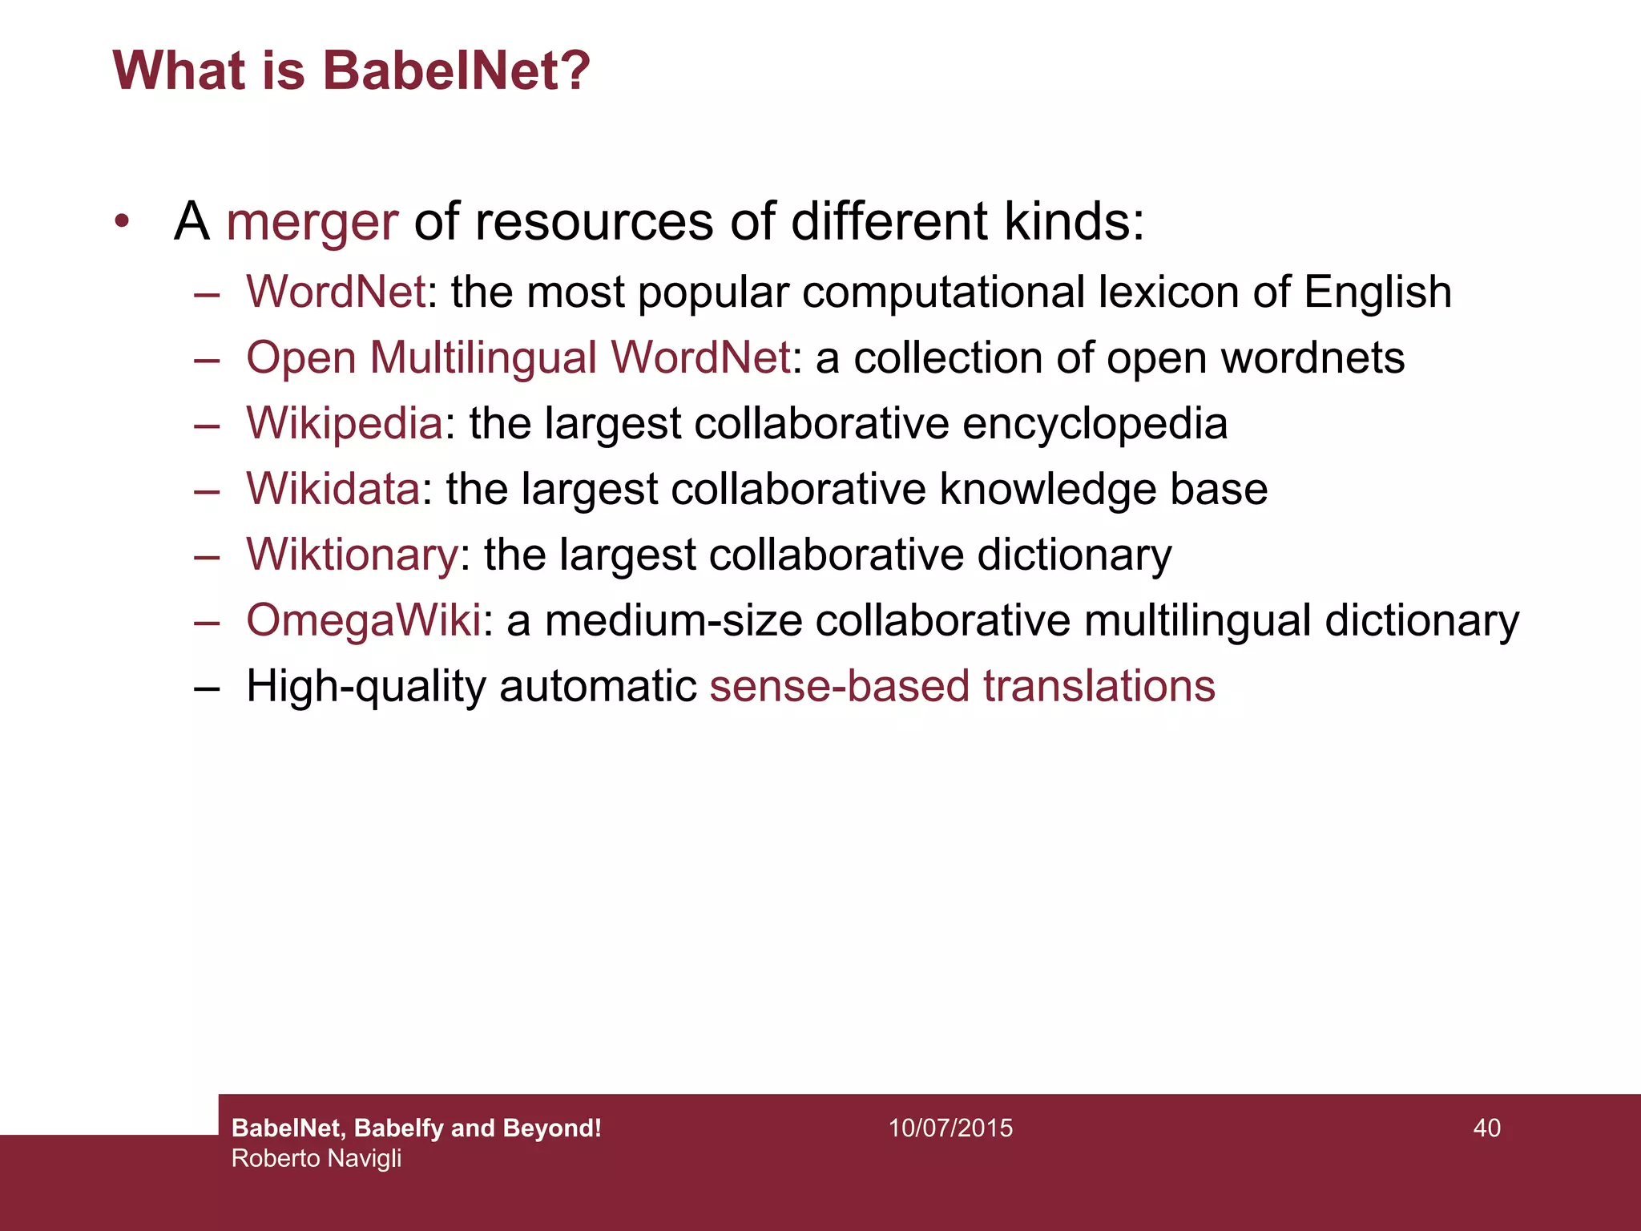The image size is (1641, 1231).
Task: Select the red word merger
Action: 312,222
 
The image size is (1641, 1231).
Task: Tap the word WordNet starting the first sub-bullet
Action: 336,292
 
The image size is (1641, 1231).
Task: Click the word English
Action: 1377,293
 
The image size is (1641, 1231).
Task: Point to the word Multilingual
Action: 483,357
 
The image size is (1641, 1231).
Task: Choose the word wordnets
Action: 1312,357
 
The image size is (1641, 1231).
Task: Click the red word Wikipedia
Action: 345,424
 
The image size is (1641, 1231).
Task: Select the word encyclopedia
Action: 1095,424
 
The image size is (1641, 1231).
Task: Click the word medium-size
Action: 673,620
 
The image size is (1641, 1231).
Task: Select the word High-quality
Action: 366,687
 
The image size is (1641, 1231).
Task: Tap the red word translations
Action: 1099,686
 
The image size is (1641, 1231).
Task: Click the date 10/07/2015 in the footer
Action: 950,1128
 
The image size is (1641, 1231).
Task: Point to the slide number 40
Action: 1486,1128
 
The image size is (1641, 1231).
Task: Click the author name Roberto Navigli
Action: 317,1158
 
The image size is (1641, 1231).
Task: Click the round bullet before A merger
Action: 122,221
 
